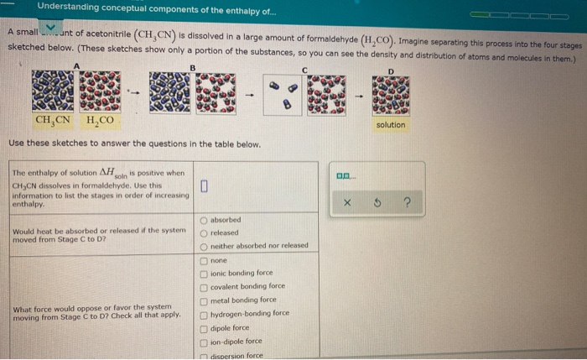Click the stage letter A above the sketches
[x=77, y=65]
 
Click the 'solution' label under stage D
[x=391, y=125]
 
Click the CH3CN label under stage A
[x=53, y=121]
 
